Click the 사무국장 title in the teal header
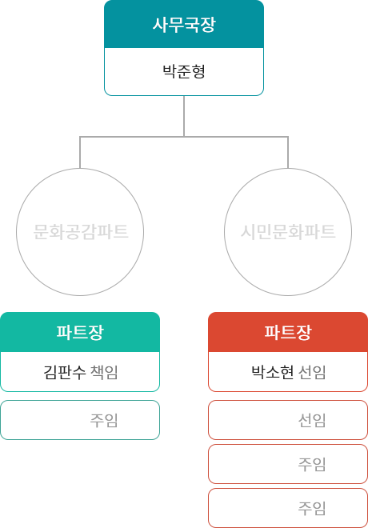[x=184, y=25]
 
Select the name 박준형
[x=184, y=71]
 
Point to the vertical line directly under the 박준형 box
[x=184, y=116]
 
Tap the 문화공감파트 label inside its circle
[x=81, y=232]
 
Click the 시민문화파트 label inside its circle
[x=288, y=232]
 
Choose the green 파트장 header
[x=80, y=332]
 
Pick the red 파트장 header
[x=288, y=332]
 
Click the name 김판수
[x=65, y=372]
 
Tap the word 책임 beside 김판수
[x=104, y=372]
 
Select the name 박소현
[x=272, y=372]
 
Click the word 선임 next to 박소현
[x=312, y=372]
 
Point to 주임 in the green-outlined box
[x=104, y=420]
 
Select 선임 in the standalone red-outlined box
[x=312, y=420]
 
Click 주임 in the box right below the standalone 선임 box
[x=312, y=464]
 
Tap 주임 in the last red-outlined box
[x=312, y=508]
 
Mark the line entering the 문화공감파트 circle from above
[x=80, y=152]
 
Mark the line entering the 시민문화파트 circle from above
[x=288, y=152]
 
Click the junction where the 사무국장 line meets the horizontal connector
[x=184, y=136]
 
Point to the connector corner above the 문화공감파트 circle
[x=80, y=136]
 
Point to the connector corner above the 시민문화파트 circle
[x=288, y=136]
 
